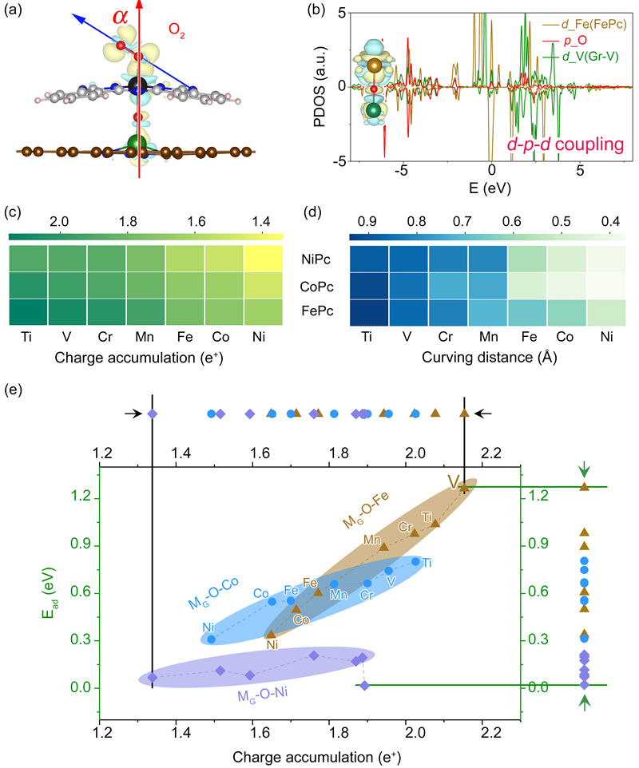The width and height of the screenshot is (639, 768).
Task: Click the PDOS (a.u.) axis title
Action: (x=323, y=86)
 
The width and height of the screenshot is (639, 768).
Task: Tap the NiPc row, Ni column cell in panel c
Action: (x=264, y=259)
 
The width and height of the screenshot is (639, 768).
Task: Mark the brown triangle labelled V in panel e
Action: (x=464, y=488)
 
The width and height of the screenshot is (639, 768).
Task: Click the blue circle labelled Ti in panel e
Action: (x=415, y=561)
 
